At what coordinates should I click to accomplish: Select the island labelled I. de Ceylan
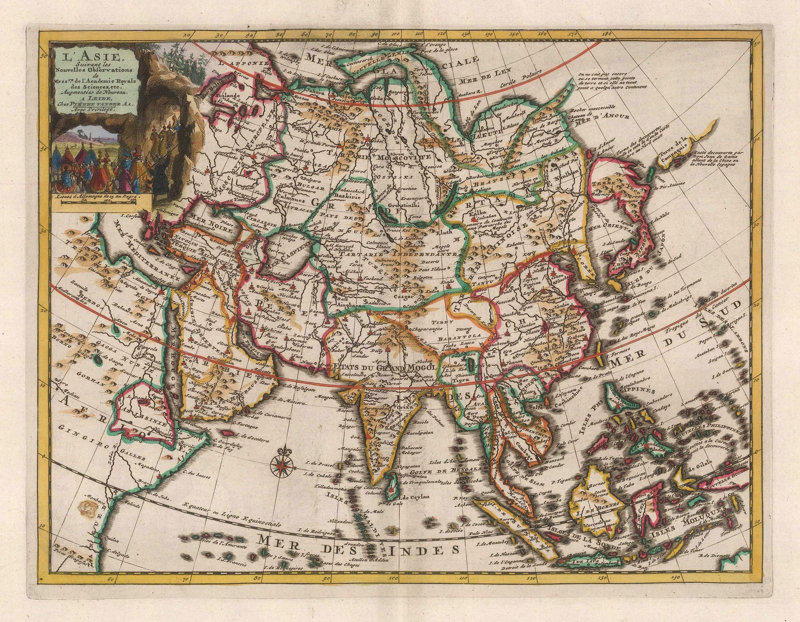394,484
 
